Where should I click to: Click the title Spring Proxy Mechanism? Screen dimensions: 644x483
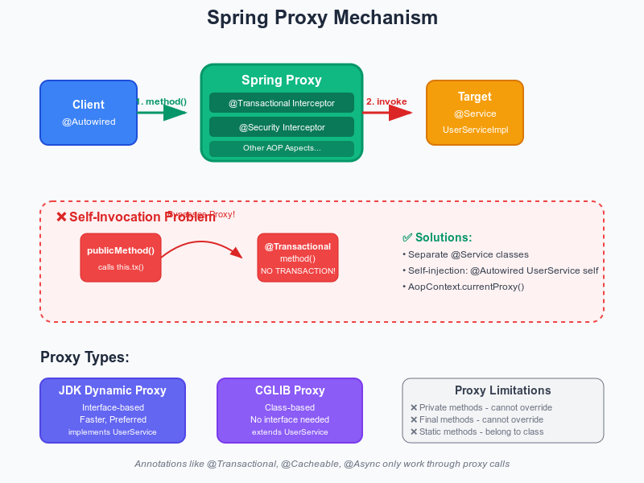[x=322, y=18]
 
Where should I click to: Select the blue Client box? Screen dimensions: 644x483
[x=89, y=113]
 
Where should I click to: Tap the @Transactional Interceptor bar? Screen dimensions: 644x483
[x=282, y=102]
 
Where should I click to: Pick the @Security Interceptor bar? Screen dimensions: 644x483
[x=282, y=127]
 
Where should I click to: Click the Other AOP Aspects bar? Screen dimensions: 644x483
[x=282, y=148]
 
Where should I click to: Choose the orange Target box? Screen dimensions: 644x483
[x=475, y=113]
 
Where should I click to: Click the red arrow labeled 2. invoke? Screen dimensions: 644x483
[x=388, y=112]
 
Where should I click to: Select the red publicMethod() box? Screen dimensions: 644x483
[x=121, y=258]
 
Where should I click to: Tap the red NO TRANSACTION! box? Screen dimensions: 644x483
[x=298, y=258]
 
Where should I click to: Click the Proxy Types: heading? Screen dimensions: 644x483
[x=85, y=357]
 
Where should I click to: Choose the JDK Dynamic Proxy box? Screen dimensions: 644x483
[x=113, y=411]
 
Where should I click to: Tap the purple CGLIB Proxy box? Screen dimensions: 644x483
[x=290, y=411]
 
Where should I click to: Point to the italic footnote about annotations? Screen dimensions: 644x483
[x=322, y=464]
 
